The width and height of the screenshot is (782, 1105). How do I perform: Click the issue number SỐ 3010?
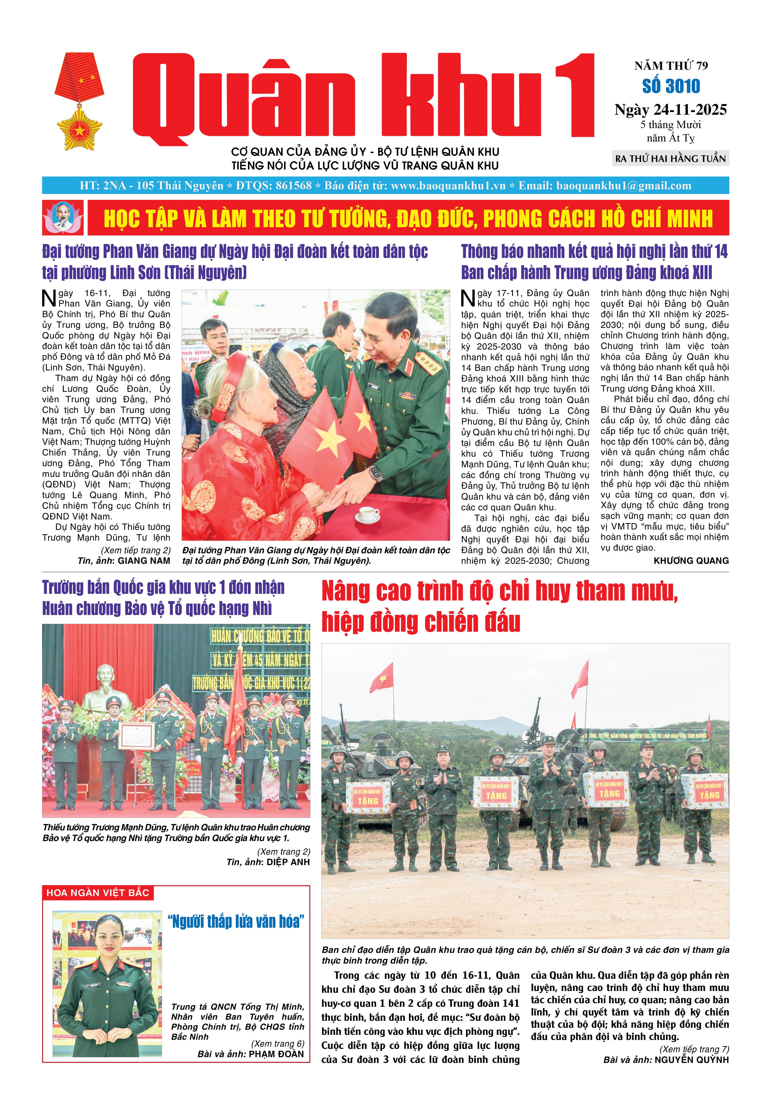(671, 87)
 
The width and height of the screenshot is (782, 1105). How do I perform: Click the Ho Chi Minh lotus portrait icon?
(63, 218)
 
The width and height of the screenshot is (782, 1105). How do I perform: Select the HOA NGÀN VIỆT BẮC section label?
(98, 893)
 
